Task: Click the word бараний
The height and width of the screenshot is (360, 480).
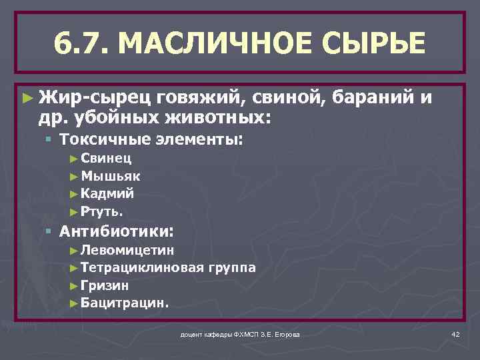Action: pyautogui.click(x=373, y=99)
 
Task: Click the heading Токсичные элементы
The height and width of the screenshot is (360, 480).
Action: pyautogui.click(x=152, y=141)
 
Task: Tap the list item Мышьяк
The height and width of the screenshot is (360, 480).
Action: pyautogui.click(x=110, y=177)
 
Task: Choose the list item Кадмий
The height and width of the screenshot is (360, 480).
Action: pyautogui.click(x=107, y=194)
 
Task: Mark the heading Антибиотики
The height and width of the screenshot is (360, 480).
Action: pyautogui.click(x=117, y=232)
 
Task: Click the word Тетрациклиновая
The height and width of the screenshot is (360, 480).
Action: pyautogui.click(x=142, y=268)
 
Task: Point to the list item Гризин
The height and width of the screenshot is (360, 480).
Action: pyautogui.click(x=105, y=285)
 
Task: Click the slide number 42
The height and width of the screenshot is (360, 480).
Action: pyautogui.click(x=455, y=333)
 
